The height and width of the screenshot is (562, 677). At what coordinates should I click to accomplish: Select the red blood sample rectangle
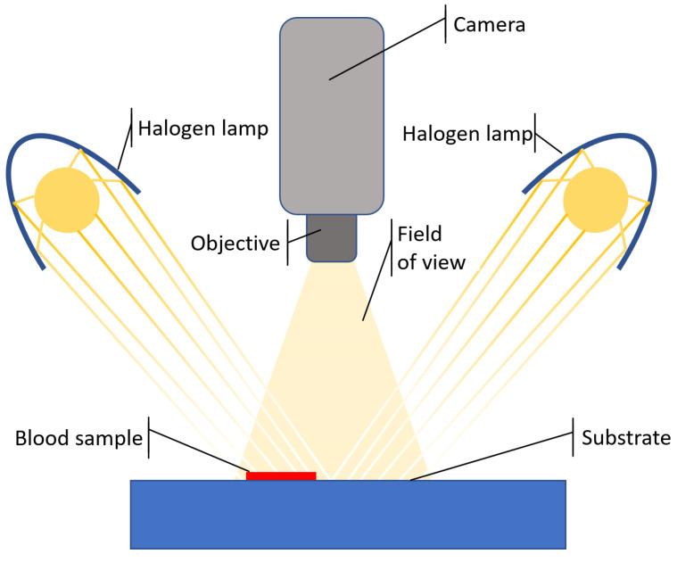(281, 476)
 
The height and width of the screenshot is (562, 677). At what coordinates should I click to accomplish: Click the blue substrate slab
(348, 515)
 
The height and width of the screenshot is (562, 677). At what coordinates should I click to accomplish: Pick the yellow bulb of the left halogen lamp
(67, 200)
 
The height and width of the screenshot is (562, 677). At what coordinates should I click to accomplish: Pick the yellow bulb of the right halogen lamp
(596, 200)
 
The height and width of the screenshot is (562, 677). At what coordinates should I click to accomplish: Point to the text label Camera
(489, 25)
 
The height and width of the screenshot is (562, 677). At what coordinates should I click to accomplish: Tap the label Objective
(235, 243)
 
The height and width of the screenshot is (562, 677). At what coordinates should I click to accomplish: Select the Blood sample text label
(78, 439)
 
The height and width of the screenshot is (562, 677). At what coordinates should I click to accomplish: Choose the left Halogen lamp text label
(202, 128)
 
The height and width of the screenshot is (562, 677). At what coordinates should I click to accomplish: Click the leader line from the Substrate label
(491, 458)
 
